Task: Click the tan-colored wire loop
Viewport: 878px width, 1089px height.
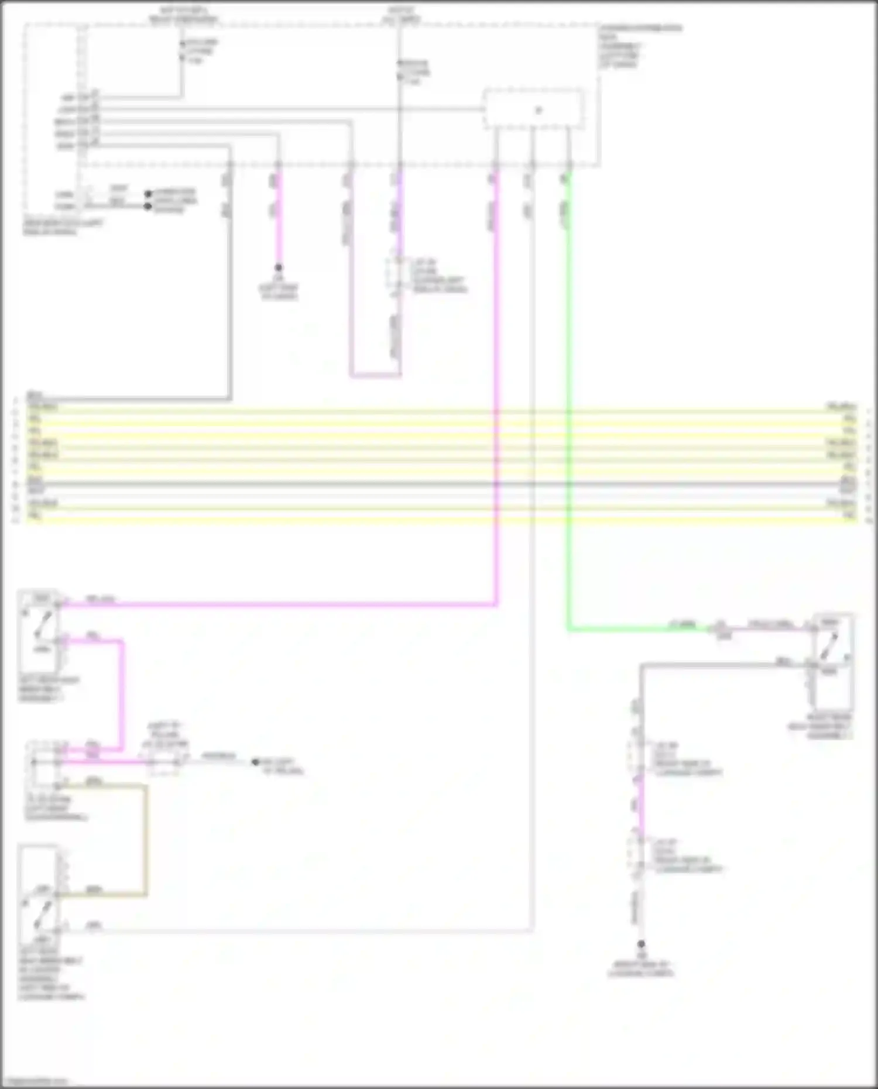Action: (x=146, y=837)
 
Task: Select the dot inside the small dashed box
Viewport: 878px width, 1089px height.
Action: (x=539, y=109)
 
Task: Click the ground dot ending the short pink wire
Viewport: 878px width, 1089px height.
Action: (x=279, y=267)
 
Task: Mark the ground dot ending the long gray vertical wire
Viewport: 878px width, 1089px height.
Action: (x=641, y=944)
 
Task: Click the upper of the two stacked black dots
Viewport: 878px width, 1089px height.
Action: (x=148, y=194)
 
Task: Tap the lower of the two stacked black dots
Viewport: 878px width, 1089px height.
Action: (x=148, y=206)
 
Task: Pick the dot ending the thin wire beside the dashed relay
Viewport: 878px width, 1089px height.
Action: (x=255, y=762)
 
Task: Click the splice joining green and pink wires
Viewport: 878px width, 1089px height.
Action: (x=721, y=629)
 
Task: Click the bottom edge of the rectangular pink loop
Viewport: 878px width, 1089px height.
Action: (x=375, y=375)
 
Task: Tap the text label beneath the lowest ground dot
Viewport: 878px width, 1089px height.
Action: (x=641, y=969)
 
